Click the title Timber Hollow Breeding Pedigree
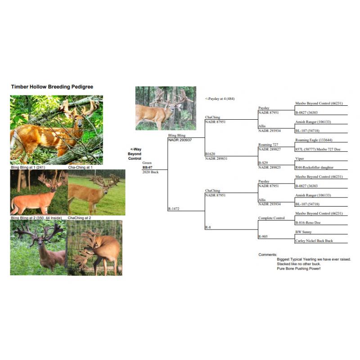[52, 87]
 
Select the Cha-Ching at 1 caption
[81, 167]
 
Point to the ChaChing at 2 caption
[80, 218]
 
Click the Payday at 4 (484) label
[220, 99]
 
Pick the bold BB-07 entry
[148, 167]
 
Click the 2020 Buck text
[151, 172]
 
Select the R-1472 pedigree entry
[174, 209]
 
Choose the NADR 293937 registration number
[180, 140]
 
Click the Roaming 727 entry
[268, 144]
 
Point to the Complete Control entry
[271, 218]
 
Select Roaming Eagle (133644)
[314, 140]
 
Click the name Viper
[299, 159]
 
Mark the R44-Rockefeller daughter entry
[315, 167]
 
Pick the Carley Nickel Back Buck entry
[314, 241]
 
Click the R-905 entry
[263, 236]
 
